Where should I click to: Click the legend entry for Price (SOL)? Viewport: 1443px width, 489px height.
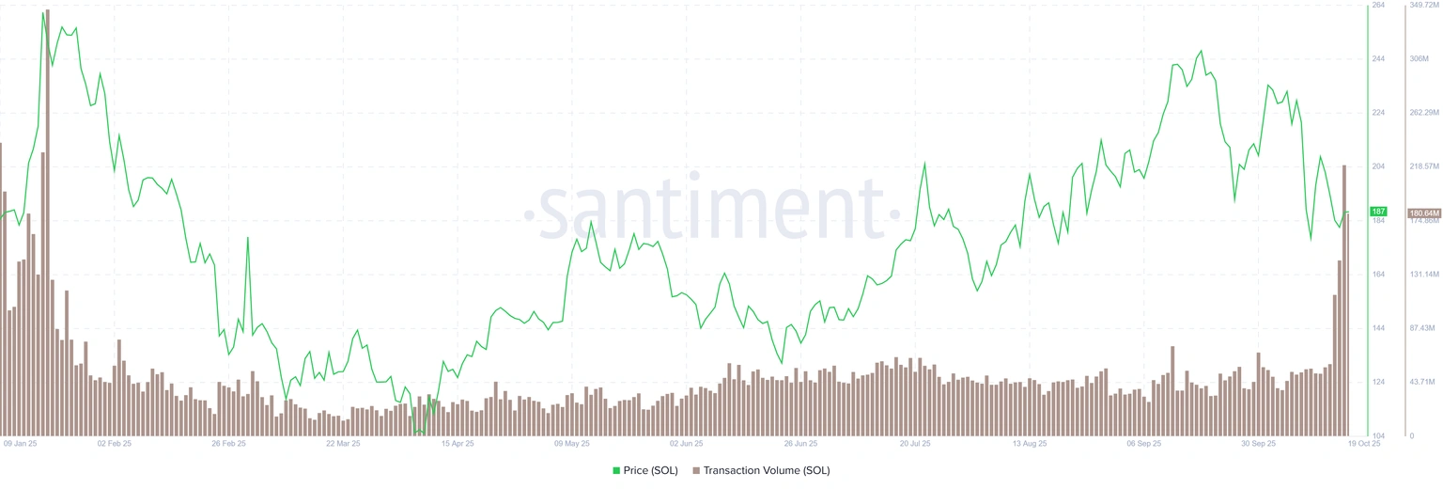[x=644, y=470]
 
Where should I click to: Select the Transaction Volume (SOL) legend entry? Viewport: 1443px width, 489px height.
[x=760, y=470]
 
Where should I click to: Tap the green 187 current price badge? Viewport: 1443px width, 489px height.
[x=1379, y=212]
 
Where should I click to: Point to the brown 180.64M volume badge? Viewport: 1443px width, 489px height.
[x=1423, y=213]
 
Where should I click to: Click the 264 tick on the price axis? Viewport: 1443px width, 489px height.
[x=1379, y=6]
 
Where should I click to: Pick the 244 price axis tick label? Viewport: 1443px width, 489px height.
[x=1379, y=59]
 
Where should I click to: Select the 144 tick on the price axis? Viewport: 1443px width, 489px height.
[x=1379, y=328]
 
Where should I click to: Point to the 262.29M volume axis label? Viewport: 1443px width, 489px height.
[x=1425, y=113]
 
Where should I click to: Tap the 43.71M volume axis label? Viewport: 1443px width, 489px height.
[x=1424, y=382]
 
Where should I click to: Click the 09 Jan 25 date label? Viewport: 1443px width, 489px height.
[x=20, y=442]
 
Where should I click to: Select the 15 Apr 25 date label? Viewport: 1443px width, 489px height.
[x=457, y=442]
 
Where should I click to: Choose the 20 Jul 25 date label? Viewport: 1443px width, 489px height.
[x=915, y=442]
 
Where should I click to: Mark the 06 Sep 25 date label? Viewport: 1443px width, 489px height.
[x=1144, y=442]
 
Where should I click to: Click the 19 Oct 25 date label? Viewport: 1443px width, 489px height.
[x=1363, y=442]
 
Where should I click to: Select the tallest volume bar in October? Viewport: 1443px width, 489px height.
[x=1344, y=301]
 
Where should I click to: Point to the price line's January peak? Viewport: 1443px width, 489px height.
[x=43, y=13]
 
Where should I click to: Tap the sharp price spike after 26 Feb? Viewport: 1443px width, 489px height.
[x=248, y=238]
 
